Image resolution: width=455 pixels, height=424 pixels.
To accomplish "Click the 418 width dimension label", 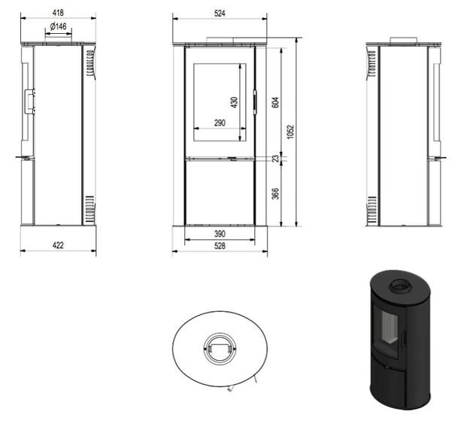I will click(57, 13).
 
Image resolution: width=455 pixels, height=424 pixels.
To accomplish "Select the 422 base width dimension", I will click(57, 245).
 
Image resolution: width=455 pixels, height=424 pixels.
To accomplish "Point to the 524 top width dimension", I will click(220, 13).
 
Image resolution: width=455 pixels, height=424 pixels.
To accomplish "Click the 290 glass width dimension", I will click(220, 123).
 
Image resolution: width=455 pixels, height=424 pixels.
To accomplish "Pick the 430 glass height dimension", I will click(234, 101).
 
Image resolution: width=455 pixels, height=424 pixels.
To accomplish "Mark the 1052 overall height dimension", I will click(290, 132).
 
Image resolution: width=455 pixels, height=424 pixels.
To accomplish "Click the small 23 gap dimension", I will click(275, 159).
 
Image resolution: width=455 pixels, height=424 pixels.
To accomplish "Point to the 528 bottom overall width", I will click(220, 247).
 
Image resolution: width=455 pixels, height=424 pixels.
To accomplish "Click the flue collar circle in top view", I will click(219, 347).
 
